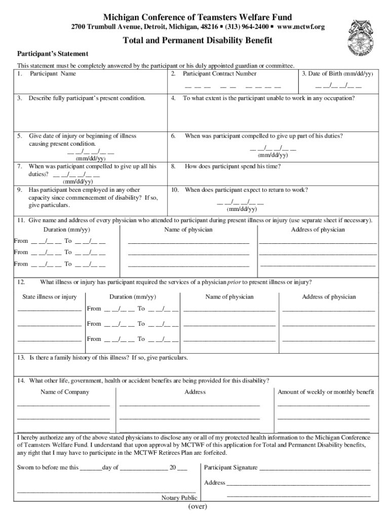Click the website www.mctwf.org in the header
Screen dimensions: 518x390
point(301,26)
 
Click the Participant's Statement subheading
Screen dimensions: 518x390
point(53,54)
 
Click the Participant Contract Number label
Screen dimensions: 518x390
point(219,74)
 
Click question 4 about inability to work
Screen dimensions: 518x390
point(268,98)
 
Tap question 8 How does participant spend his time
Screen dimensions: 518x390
point(232,166)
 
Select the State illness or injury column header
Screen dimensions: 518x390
point(49,297)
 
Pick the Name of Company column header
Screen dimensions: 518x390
point(65,392)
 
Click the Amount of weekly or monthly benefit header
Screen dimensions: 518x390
point(326,392)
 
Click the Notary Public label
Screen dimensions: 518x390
point(179,498)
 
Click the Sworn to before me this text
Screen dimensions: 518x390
point(48,468)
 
